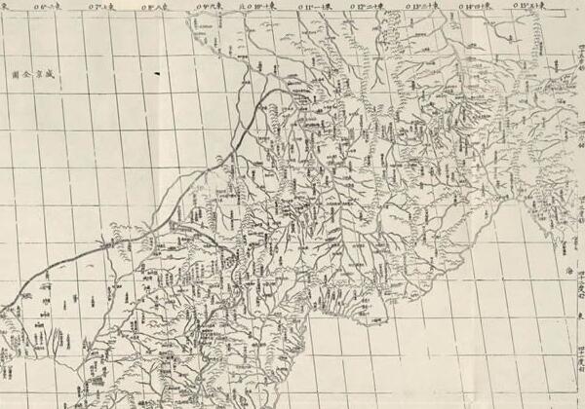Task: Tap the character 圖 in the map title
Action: (17, 73)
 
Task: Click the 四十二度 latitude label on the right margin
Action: (580, 282)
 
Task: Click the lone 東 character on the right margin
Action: (579, 314)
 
